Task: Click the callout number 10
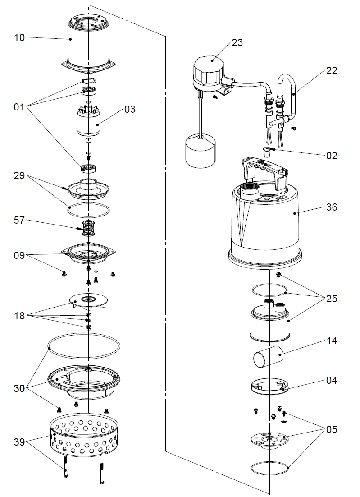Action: click(19, 37)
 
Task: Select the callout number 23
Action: click(237, 42)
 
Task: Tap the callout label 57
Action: click(19, 220)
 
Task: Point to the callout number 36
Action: click(332, 207)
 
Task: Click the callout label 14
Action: click(332, 341)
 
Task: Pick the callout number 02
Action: click(332, 156)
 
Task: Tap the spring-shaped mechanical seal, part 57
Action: click(89, 229)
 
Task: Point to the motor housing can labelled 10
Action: click(88, 44)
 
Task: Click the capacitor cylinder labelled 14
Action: click(268, 357)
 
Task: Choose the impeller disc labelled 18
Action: click(89, 301)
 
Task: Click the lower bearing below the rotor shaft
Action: click(89, 168)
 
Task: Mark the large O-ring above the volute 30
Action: click(84, 346)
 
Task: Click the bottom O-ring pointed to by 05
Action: click(269, 468)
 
